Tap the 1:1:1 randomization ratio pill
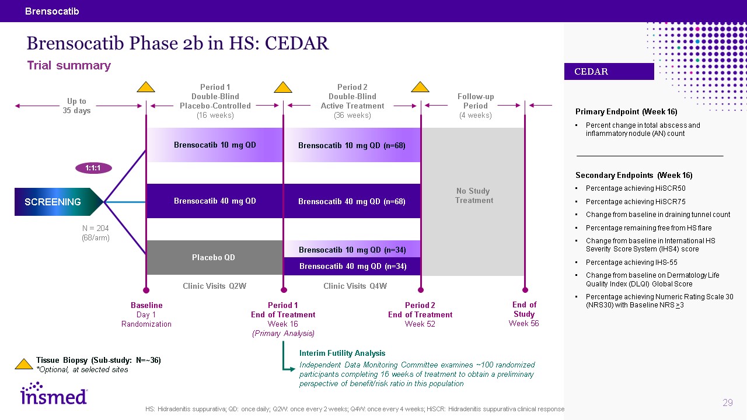click(93, 168)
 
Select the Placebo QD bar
click(214, 257)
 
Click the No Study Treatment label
click(474, 195)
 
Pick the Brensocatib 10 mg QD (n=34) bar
click(352, 250)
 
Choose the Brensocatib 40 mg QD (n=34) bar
click(352, 266)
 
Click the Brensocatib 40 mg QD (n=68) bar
click(351, 201)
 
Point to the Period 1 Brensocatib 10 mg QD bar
click(214, 145)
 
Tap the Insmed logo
click(54, 394)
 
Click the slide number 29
click(727, 402)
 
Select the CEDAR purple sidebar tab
click(609, 72)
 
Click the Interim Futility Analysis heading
click(342, 353)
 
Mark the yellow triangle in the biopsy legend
click(23, 363)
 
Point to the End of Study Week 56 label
click(524, 314)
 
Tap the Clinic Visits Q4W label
click(355, 286)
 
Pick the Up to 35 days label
click(76, 106)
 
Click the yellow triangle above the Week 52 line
click(420, 87)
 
